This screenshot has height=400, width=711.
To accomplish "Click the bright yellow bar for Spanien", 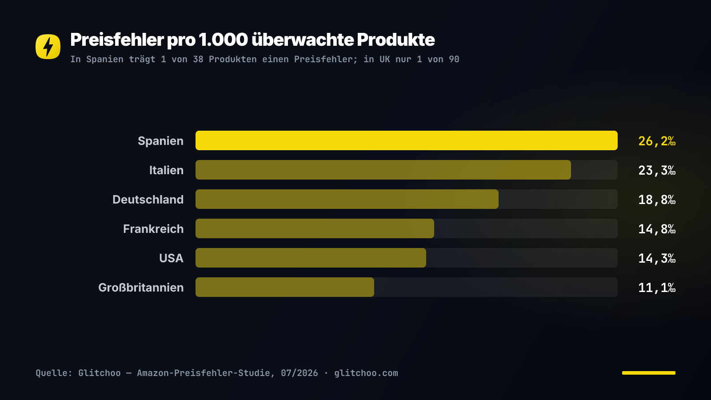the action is (406, 140).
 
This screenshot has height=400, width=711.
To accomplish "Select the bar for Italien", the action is (383, 170).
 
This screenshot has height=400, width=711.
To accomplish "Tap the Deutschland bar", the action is (347, 199).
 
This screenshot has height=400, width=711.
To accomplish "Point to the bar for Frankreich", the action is (315, 228).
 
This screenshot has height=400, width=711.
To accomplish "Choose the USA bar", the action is (311, 258).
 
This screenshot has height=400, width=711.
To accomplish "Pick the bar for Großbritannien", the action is (285, 287).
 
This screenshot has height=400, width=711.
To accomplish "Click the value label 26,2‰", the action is (657, 141).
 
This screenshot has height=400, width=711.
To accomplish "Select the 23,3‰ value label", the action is (657, 171).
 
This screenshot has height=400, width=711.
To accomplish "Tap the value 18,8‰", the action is (657, 200).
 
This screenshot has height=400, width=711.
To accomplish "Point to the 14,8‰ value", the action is (657, 229).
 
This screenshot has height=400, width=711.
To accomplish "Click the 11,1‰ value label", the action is (657, 288).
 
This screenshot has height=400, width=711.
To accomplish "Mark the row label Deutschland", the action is (148, 200).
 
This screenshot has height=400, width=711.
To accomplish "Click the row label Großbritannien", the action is (141, 287).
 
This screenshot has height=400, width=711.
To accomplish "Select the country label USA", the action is (172, 258).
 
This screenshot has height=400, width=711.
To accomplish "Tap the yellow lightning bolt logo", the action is (48, 47).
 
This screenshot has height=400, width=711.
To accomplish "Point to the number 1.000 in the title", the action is (223, 40).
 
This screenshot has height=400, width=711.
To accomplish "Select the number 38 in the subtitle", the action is (198, 60).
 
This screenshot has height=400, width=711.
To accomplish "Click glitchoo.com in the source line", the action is (366, 373).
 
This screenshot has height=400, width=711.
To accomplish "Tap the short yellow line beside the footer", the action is (649, 373).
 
